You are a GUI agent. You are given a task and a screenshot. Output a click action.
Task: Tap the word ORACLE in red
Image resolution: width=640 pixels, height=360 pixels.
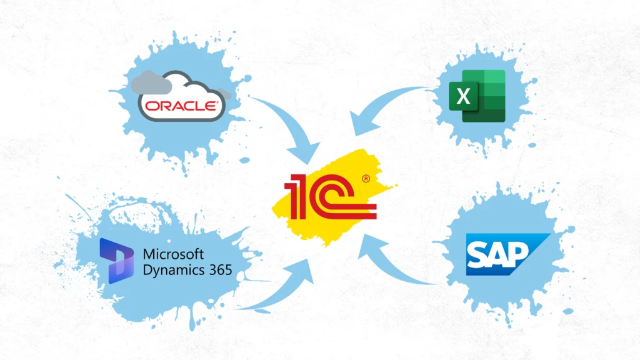pos(181,106)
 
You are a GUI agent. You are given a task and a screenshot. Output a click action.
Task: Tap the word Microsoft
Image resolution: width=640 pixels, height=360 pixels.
pos(173,254)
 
